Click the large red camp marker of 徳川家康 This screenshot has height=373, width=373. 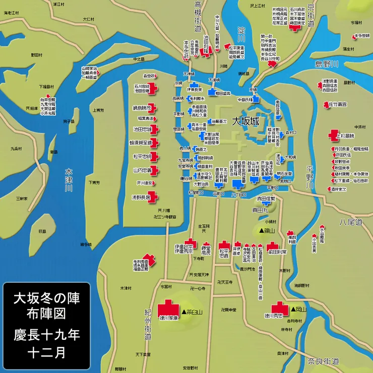[x=168, y=307]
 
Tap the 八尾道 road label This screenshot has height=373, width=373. [x=351, y=222]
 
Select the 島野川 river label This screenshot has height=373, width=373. [x=327, y=64]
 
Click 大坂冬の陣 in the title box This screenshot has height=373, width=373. [x=46, y=297]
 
